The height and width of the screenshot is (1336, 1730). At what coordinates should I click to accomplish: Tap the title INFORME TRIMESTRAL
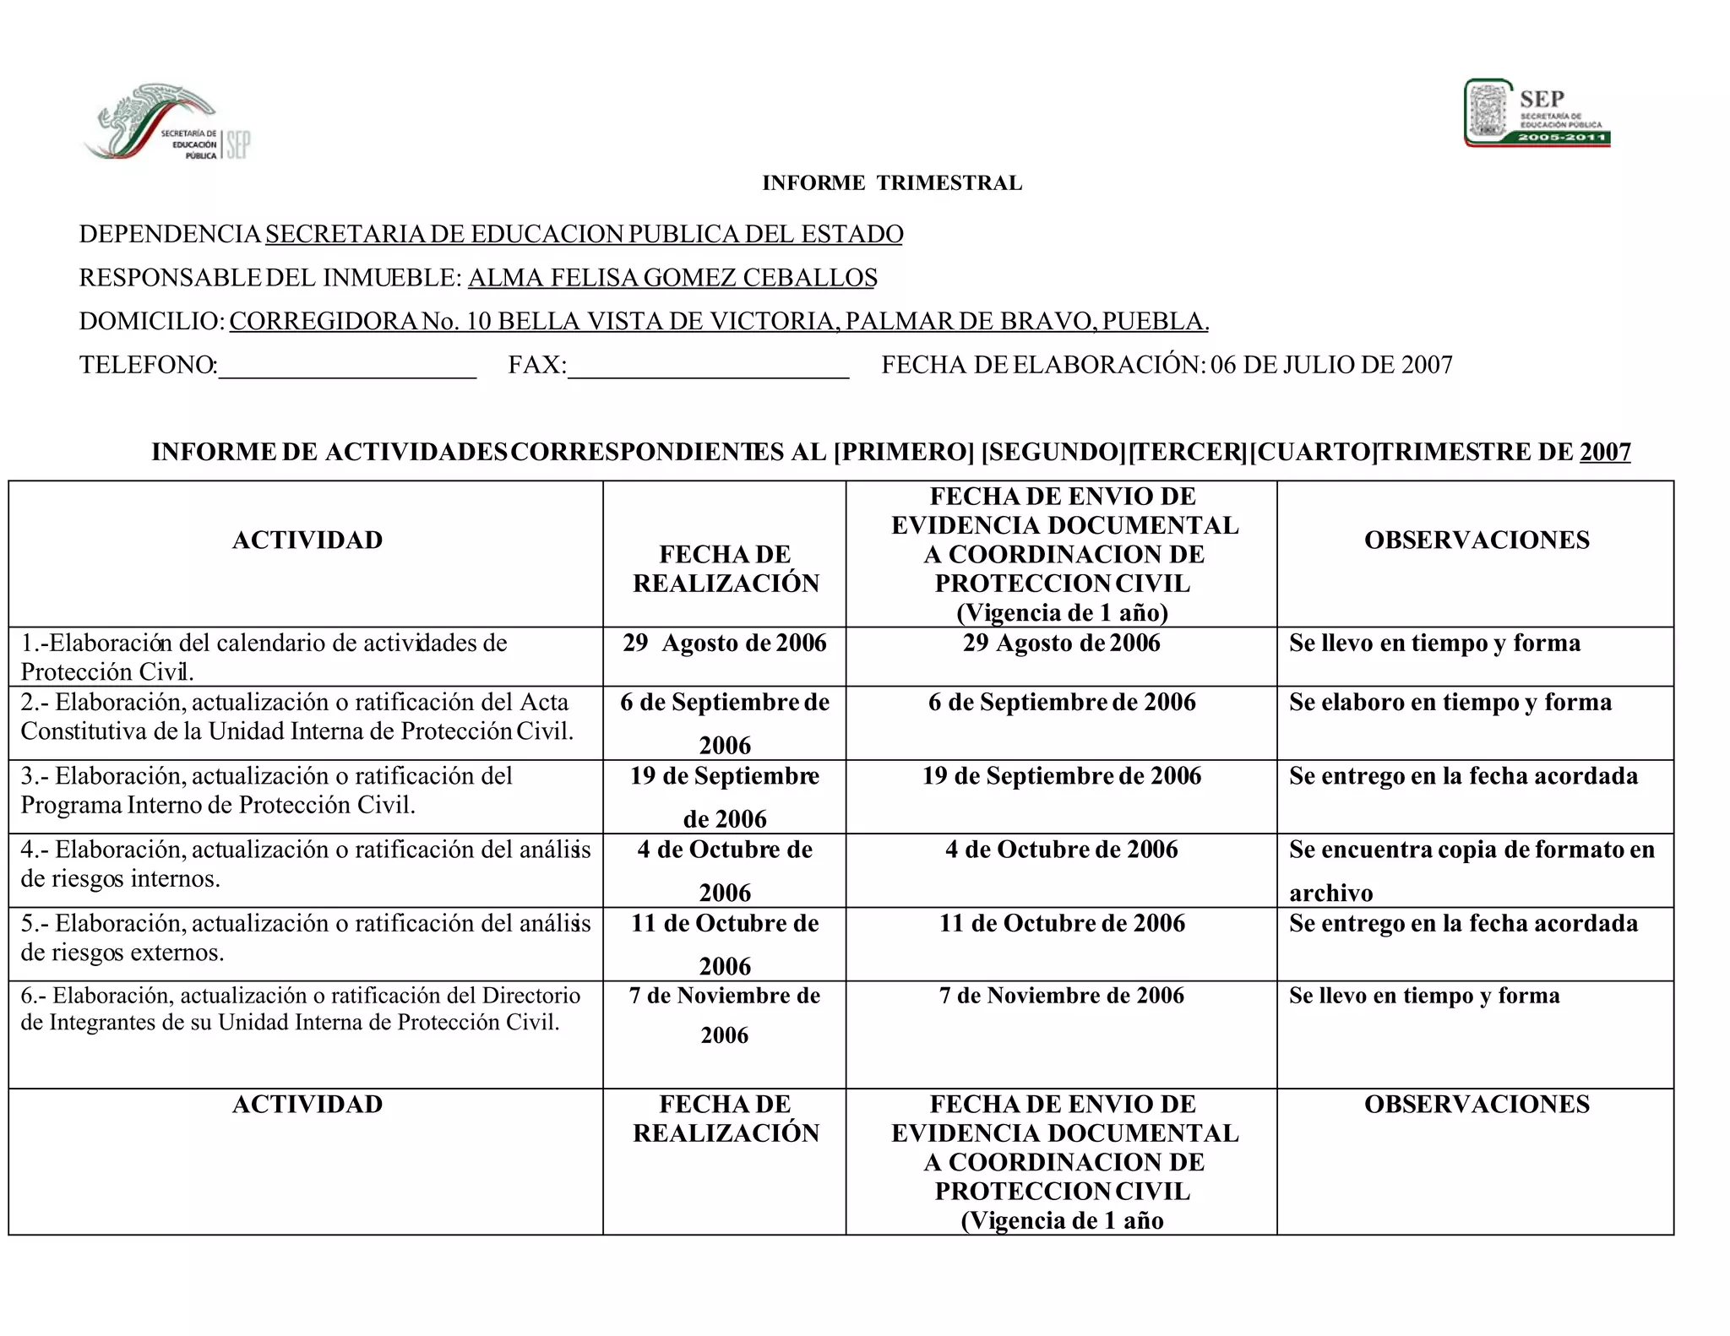tap(891, 183)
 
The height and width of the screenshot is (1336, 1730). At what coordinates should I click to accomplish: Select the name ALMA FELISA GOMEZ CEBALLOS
tap(672, 278)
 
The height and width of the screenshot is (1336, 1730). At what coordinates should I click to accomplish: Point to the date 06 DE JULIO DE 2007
tap(1331, 365)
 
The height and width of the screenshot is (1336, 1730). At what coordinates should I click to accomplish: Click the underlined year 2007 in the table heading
tap(1604, 452)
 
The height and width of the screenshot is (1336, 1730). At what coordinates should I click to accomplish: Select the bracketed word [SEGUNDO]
tap(1053, 452)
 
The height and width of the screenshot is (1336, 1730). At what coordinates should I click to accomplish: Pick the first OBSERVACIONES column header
tap(1476, 540)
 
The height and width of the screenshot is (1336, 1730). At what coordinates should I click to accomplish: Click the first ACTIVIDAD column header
tap(307, 540)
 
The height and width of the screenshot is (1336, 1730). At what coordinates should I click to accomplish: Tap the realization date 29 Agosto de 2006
tap(725, 644)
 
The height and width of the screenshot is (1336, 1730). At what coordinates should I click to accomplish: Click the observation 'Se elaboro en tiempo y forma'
tap(1450, 703)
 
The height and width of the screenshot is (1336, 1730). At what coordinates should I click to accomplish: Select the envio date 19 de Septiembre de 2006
tap(1061, 776)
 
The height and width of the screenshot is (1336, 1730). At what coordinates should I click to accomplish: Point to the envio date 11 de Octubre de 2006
tap(1061, 923)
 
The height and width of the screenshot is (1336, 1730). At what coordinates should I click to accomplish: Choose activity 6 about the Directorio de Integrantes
tap(300, 1009)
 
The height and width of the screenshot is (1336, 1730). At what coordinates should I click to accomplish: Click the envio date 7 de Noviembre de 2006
tap(1061, 996)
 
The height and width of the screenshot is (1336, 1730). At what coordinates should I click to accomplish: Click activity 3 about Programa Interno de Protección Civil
tap(266, 790)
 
